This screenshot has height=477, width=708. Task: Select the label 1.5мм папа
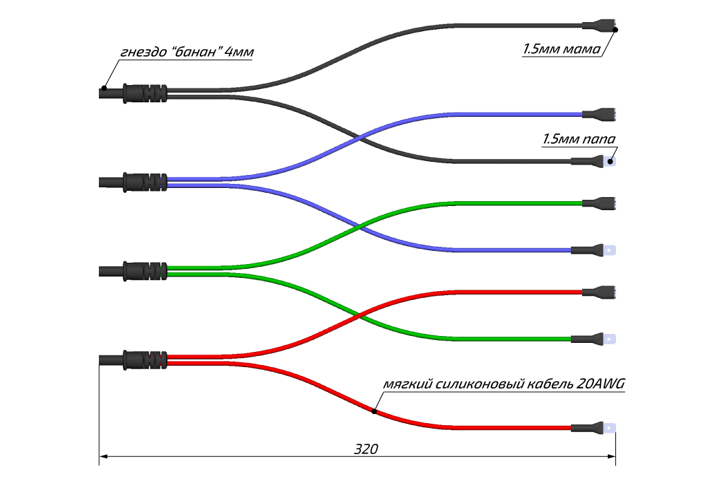(x=579, y=140)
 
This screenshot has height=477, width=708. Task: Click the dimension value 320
(x=366, y=448)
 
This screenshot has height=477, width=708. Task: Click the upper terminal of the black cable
(x=599, y=28)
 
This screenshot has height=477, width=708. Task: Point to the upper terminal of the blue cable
(x=599, y=114)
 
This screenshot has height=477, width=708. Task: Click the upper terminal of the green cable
(x=599, y=203)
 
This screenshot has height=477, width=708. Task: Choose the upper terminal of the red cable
(x=599, y=291)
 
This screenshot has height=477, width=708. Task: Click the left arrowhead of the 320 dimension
(x=104, y=456)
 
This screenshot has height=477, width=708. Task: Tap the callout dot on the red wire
(x=374, y=411)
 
